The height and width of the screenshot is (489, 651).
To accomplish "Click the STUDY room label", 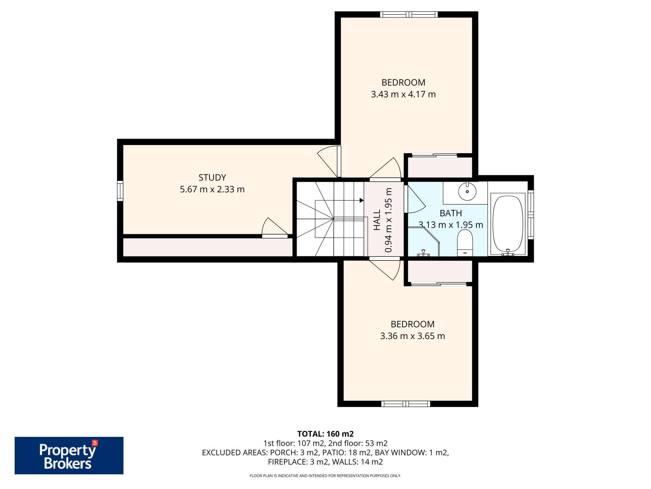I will coord(212,178).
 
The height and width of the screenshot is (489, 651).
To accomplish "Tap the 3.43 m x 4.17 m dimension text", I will coord(403,95).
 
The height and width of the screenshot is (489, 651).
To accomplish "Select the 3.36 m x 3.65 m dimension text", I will coord(412,336).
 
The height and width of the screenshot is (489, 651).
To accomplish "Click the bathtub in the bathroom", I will coord(508,225).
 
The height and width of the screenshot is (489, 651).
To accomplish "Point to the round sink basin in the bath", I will coord(467,191).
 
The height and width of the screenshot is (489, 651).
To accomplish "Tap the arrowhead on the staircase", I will coord(361,200).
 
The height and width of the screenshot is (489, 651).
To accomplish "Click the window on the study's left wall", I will coord(120,191).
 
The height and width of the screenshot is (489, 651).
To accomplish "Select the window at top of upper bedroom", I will coord(409,15).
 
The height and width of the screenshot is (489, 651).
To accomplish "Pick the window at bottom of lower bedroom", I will coord(406,404).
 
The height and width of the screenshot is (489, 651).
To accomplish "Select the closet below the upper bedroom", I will coord(439,167).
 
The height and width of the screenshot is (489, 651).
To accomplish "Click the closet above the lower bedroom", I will coord(439,271).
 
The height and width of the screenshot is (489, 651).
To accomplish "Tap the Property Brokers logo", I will coord(69,456).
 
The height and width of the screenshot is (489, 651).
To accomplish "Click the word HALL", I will coord(377,220).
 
